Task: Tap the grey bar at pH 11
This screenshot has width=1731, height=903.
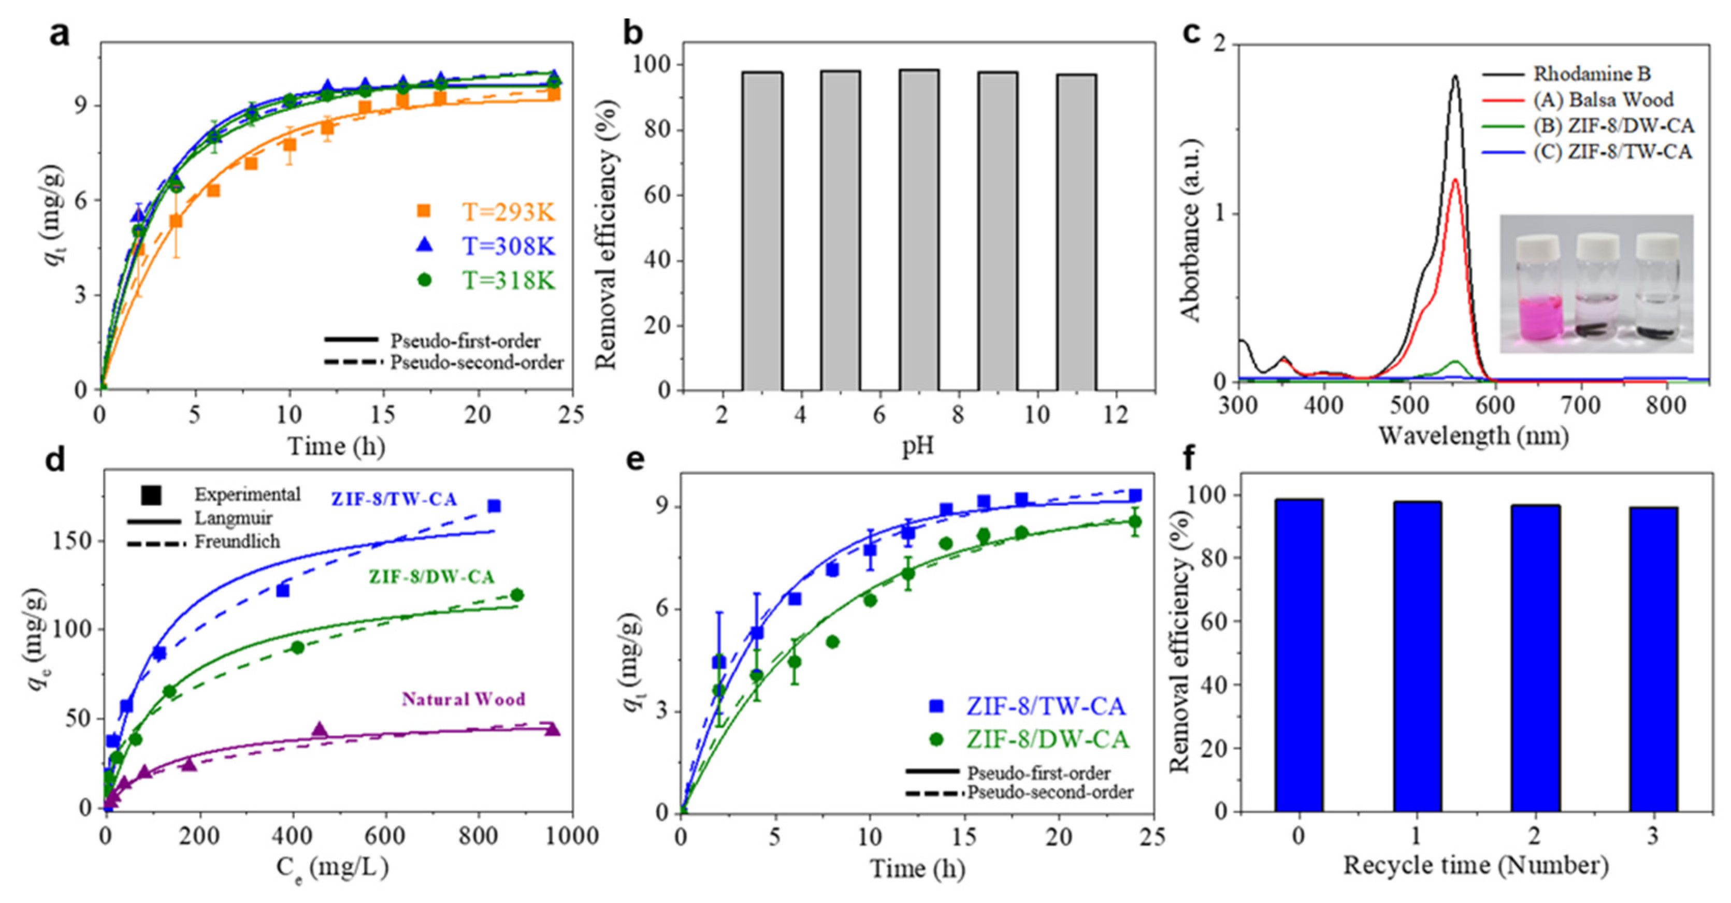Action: click(1076, 232)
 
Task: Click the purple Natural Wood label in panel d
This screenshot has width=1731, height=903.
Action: click(464, 700)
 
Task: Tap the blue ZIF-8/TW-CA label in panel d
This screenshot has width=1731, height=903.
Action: click(394, 499)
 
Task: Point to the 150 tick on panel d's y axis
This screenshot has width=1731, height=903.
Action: click(77, 541)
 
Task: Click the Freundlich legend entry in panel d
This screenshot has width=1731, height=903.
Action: click(237, 542)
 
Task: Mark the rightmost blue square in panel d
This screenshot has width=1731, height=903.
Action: click(494, 506)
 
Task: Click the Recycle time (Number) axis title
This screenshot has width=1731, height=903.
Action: click(1476, 865)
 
